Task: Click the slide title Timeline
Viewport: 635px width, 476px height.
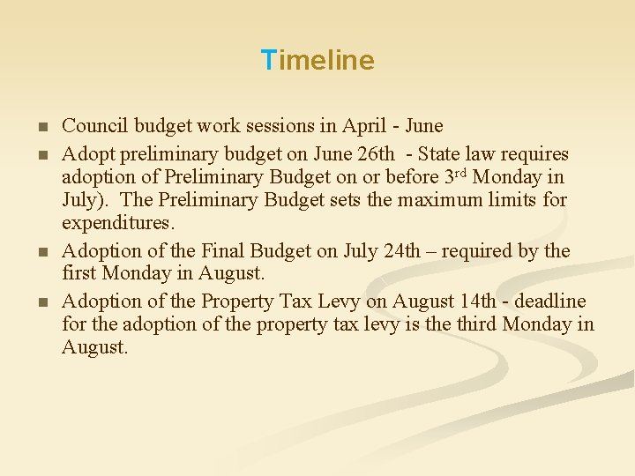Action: (317, 60)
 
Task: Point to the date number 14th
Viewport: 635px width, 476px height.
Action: (478, 301)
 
